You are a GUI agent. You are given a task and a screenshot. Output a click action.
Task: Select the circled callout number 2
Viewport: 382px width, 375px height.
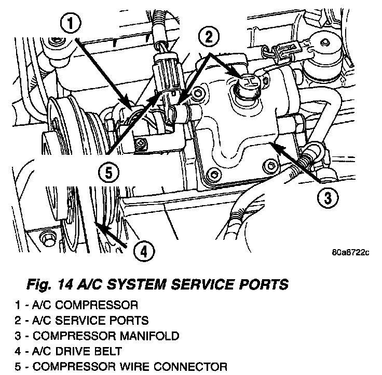point(208,36)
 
